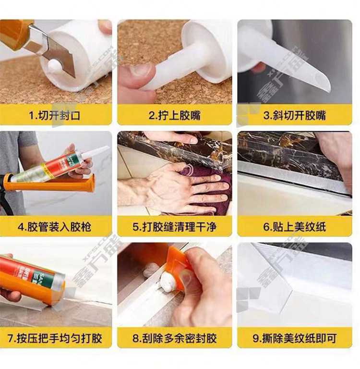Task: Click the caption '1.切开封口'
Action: [54, 115]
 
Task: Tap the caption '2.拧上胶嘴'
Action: [174, 115]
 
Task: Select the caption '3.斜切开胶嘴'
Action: [295, 115]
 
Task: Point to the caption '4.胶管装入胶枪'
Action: [54, 227]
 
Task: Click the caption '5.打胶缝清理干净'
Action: [174, 227]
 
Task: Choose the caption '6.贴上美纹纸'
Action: [295, 227]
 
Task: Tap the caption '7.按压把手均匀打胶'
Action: [55, 338]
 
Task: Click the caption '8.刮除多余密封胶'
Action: [174, 338]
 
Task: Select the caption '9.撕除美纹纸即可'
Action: [295, 338]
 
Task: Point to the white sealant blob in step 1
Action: [54, 65]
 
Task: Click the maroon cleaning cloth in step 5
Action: [207, 186]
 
